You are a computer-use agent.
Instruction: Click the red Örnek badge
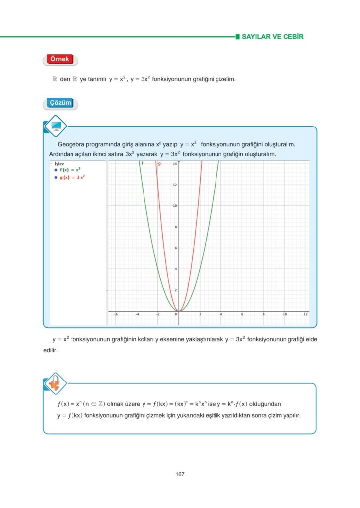point(60,60)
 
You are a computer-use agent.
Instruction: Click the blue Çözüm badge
point(60,103)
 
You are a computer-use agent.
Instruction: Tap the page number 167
point(180,474)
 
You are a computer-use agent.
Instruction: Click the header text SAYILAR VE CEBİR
point(272,37)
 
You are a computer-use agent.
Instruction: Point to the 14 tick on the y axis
point(175,164)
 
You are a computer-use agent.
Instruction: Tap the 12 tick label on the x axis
point(305,314)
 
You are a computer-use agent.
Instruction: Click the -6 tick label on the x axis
point(116,314)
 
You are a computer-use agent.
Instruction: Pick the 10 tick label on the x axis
point(285,314)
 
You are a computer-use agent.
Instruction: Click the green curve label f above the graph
point(142,163)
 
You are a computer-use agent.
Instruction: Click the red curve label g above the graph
point(159,163)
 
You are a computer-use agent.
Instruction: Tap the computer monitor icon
point(55,126)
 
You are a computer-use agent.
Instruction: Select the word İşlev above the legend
point(59,163)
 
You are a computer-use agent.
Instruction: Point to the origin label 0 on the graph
point(176,314)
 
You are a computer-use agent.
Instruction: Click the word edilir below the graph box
point(50,350)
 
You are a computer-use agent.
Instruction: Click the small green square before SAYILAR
point(237,37)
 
